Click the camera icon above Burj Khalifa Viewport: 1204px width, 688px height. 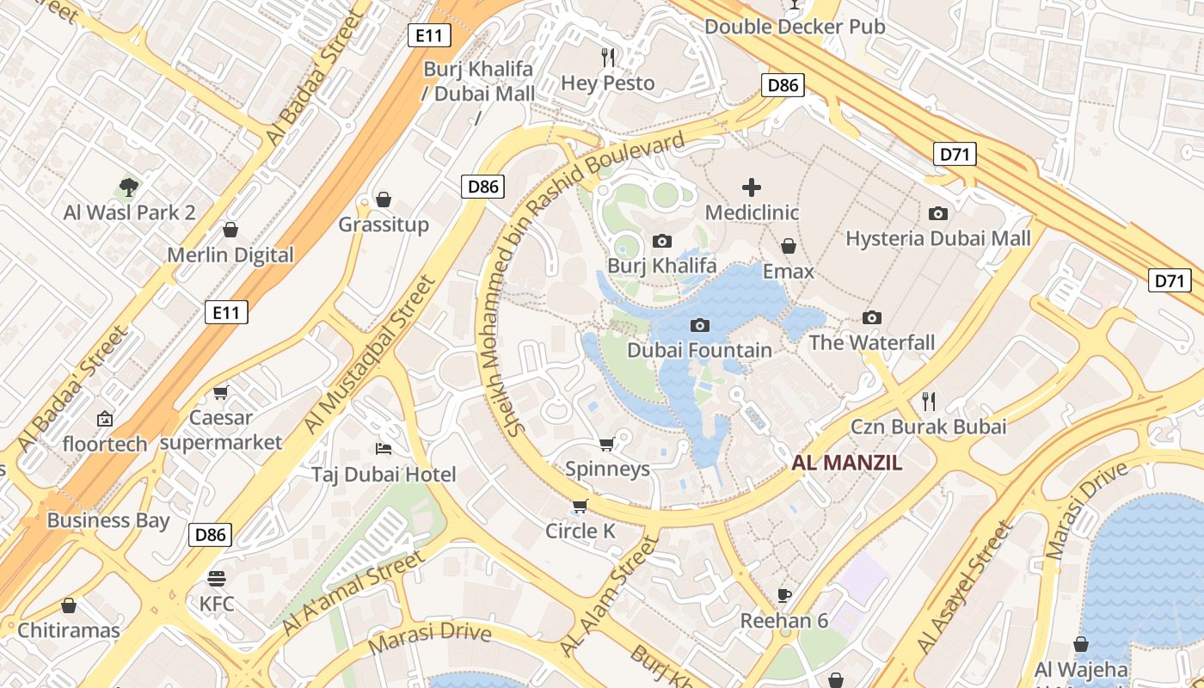[x=661, y=242]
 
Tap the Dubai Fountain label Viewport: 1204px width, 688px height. [x=699, y=350]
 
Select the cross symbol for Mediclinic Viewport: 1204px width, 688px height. [x=752, y=187]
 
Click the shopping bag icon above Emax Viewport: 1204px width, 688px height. [x=789, y=247]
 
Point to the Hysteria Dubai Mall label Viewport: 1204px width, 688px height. [x=937, y=238]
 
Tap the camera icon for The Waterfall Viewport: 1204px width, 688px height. [x=872, y=318]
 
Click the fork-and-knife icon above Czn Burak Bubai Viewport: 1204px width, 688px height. [x=928, y=401]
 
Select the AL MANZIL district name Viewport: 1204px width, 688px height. [x=847, y=463]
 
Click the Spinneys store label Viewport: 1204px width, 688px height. [x=607, y=469]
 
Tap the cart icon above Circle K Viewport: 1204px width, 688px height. [x=580, y=506]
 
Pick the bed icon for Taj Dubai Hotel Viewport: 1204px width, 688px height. [x=384, y=449]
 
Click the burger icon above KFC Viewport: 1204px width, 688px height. [x=216, y=578]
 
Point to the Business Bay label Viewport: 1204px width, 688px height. [x=108, y=520]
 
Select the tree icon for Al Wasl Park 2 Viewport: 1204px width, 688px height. [x=129, y=187]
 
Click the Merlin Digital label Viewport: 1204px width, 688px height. [x=230, y=255]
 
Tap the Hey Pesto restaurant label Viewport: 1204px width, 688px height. [x=608, y=83]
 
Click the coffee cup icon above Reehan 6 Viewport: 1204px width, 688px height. [x=784, y=595]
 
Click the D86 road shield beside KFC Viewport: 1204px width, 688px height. [x=210, y=535]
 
